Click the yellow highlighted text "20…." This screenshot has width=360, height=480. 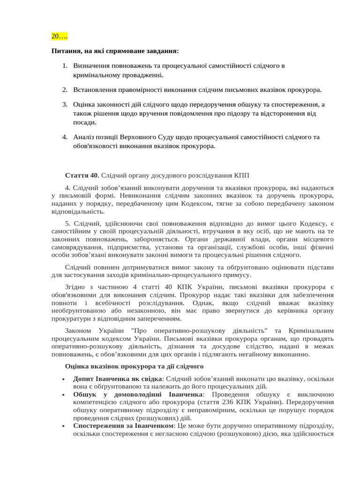pyautogui.click(x=60, y=36)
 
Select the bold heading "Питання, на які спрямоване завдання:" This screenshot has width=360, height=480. pyautogui.click(x=115, y=51)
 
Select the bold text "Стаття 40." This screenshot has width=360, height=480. pyautogui.click(x=82, y=175)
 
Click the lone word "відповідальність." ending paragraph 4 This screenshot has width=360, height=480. pyautogui.click(x=78, y=211)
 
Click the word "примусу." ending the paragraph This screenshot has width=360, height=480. pyautogui.click(x=238, y=275)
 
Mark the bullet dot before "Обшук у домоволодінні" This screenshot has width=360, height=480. pyautogui.click(x=62, y=395)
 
